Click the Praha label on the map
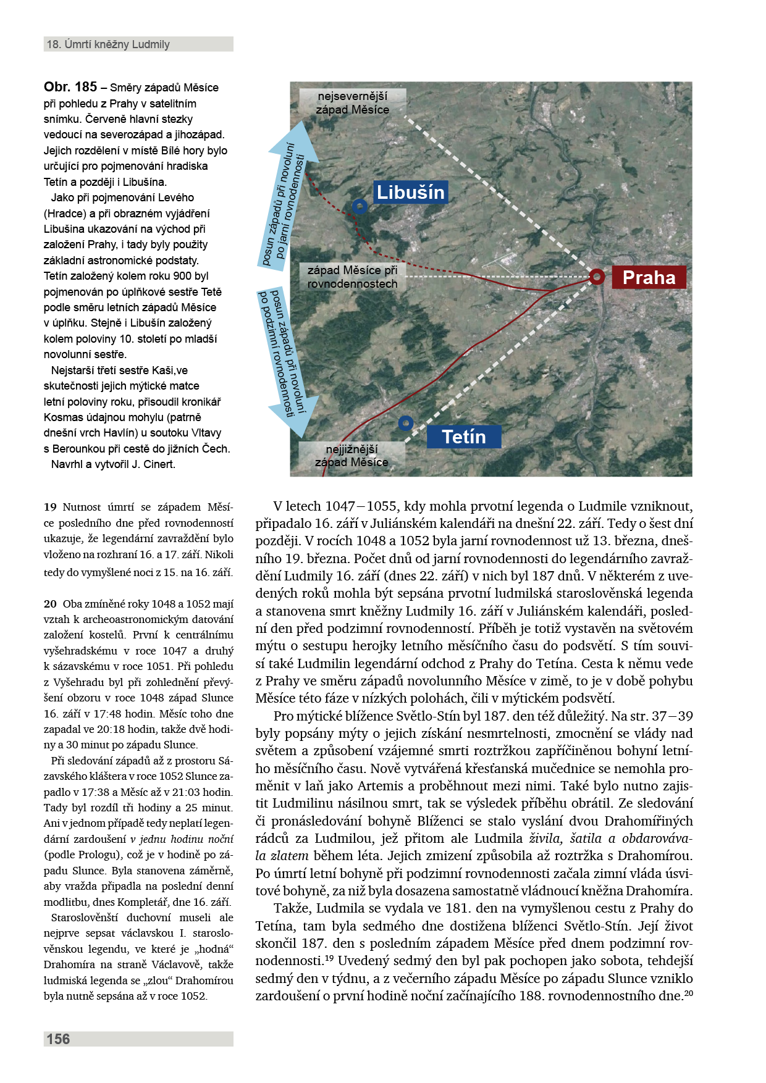pos(649,277)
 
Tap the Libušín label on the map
pos(410,192)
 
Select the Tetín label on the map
pos(463,437)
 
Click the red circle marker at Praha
pos(597,277)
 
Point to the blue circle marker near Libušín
pos(360,206)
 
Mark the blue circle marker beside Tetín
pos(405,423)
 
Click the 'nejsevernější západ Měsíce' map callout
pos(353,102)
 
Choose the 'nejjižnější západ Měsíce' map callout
pos(351,456)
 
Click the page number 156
pos(58,1039)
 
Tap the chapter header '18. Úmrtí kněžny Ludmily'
pos(108,44)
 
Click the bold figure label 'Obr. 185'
pos(70,87)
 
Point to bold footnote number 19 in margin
pos(50,507)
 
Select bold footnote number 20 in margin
pos(50,604)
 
